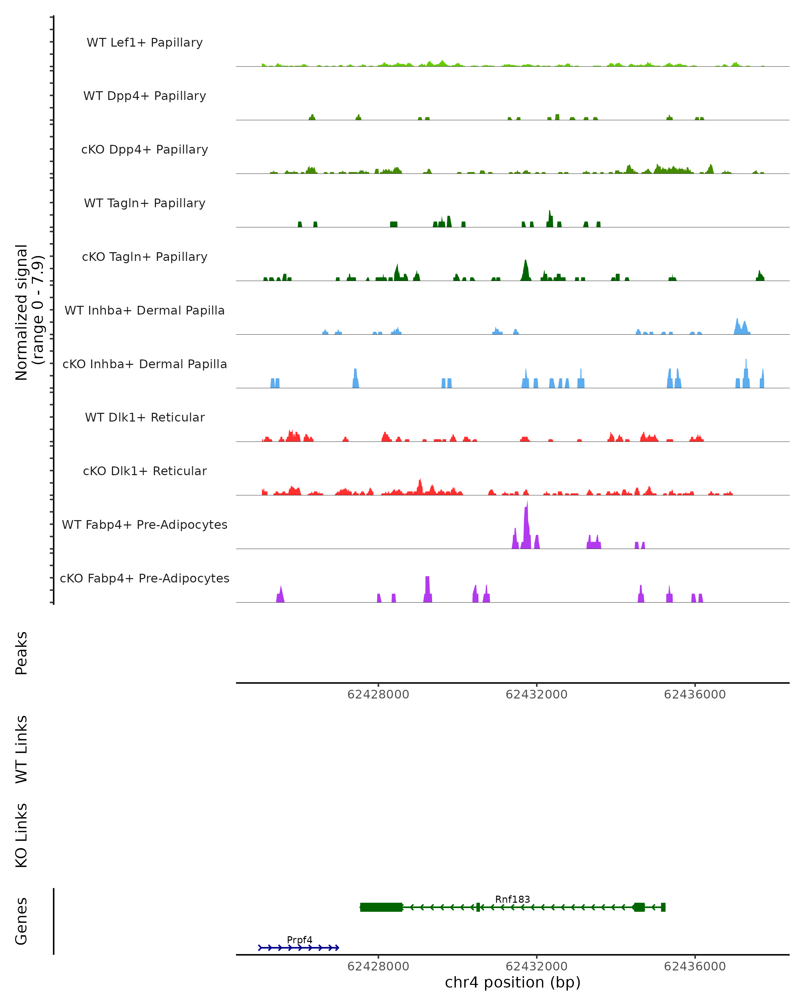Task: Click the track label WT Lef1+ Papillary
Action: pyautogui.click(x=145, y=43)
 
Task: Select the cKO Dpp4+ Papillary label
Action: pyautogui.click(x=145, y=149)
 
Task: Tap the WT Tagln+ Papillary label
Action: pyautogui.click(x=145, y=203)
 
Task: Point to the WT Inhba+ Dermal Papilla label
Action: pyautogui.click(x=145, y=310)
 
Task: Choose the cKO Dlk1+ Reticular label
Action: pyautogui.click(x=145, y=471)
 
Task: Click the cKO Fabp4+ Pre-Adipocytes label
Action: pyautogui.click(x=145, y=578)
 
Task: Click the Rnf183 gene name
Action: pyautogui.click(x=513, y=899)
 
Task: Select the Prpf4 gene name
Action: pyautogui.click(x=300, y=940)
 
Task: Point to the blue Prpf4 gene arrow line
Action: pyautogui.click(x=299, y=948)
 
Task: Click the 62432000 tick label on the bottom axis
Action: pyautogui.click(x=536, y=966)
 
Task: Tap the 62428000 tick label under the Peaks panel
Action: pyautogui.click(x=378, y=694)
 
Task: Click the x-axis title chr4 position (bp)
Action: pyautogui.click(x=513, y=982)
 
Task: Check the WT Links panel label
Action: pyautogui.click(x=21, y=749)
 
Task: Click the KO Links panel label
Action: pyautogui.click(x=21, y=835)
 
